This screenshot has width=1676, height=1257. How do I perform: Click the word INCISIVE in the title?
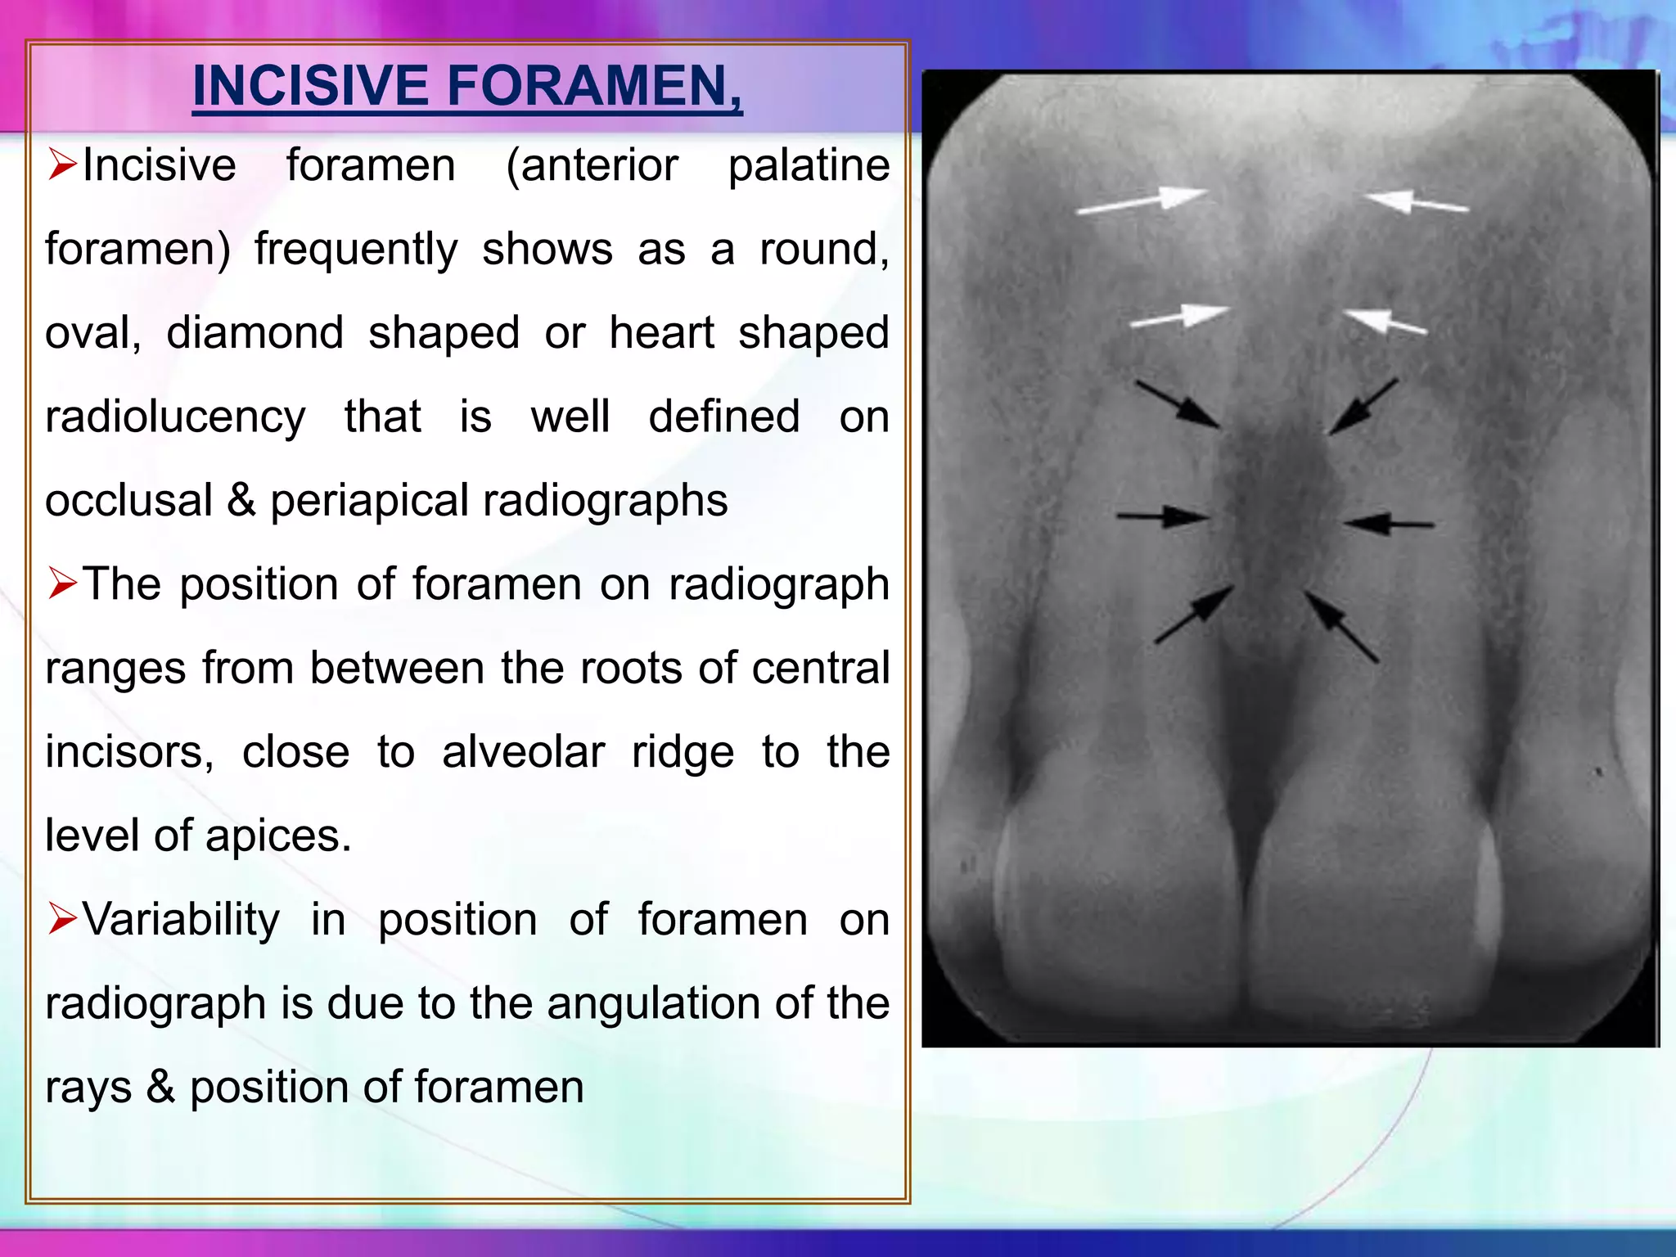[x=310, y=86]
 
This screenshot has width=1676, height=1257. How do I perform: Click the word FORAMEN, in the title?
[x=595, y=86]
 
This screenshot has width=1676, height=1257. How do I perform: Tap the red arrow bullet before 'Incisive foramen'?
[x=62, y=164]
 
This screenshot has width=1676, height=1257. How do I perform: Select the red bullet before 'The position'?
[x=62, y=583]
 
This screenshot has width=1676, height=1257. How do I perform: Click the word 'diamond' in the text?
[x=255, y=333]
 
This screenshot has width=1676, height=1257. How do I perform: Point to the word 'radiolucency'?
[x=175, y=417]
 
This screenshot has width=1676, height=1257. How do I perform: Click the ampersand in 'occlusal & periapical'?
[x=241, y=500]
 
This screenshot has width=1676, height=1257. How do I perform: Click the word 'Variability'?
[x=181, y=919]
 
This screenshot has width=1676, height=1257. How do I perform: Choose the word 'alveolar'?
[x=523, y=751]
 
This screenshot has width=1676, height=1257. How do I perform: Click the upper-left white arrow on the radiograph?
[x=1141, y=201]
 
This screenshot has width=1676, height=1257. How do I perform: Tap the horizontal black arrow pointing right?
[x=1161, y=516]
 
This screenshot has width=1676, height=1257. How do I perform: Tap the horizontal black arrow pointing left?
[x=1388, y=524]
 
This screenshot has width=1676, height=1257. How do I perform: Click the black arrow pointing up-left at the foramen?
[x=1341, y=626]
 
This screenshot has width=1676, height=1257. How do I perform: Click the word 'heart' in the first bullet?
[x=661, y=333]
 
